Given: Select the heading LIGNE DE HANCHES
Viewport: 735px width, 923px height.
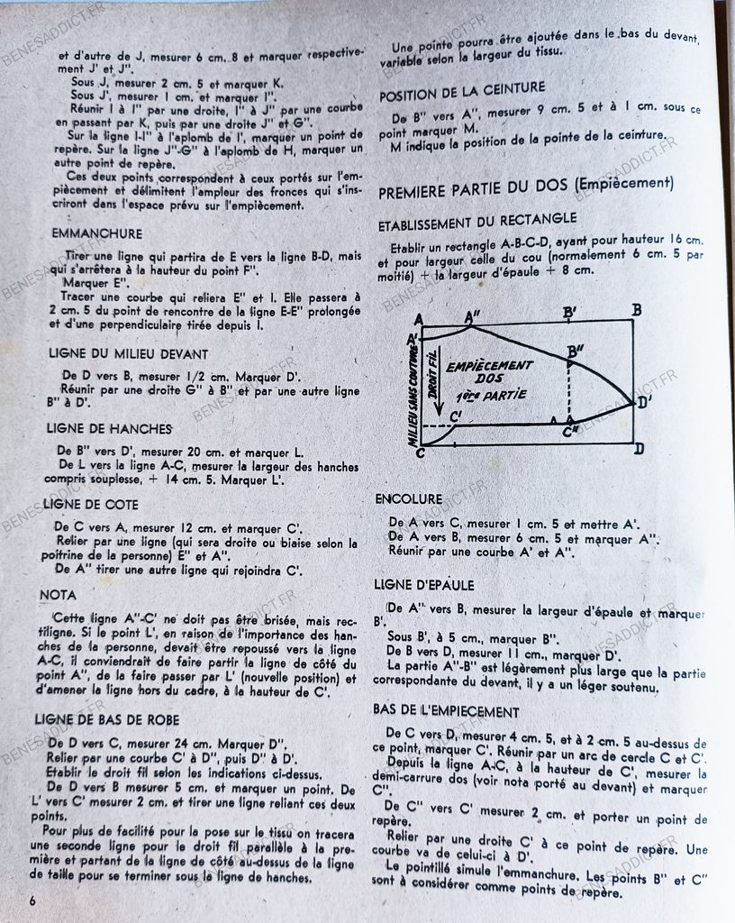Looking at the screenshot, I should pos(109,428).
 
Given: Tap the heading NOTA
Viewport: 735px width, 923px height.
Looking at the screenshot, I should pos(59,595).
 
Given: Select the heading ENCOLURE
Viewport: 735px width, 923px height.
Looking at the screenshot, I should pos(408,498).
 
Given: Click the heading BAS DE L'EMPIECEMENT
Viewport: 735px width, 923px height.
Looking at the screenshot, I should pos(446,711).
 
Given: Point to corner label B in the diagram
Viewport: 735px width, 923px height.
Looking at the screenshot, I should pos(636,311).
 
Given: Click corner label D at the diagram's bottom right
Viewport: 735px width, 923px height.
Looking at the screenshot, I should pos(638,448).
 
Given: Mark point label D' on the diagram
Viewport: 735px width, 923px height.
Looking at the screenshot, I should pos(643,402).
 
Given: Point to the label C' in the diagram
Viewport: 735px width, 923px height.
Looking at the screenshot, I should pos(456,416).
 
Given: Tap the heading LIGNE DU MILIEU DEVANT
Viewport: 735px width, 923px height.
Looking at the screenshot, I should pos(129,354).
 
